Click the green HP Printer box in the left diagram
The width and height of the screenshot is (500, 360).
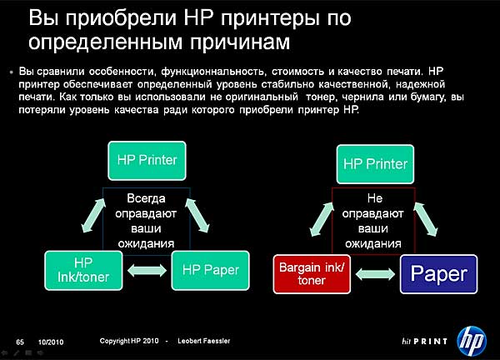click(x=147, y=161)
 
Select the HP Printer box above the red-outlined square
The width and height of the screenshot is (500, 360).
click(x=375, y=164)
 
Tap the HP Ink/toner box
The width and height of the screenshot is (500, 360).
click(x=83, y=270)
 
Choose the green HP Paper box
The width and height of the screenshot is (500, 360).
click(x=211, y=270)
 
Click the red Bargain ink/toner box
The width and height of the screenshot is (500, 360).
click(x=312, y=274)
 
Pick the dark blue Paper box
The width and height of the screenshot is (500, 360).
click(x=439, y=274)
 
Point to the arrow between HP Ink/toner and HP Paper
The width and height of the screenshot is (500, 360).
click(x=147, y=271)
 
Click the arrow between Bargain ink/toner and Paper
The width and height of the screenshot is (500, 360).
click(x=375, y=274)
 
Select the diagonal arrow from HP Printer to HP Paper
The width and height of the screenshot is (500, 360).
click(x=197, y=215)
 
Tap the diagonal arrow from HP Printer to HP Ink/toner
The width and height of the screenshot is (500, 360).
click(x=93, y=215)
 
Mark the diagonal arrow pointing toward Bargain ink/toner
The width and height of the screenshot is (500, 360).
click(x=322, y=219)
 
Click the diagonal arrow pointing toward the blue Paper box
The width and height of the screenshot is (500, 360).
click(x=426, y=219)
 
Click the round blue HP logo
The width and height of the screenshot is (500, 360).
click(x=472, y=341)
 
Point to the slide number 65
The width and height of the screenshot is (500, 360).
click(x=20, y=342)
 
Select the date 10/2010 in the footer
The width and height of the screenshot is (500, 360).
click(x=51, y=342)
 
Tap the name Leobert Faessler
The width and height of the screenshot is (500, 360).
click(x=204, y=341)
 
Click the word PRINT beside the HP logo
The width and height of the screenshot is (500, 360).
click(x=430, y=342)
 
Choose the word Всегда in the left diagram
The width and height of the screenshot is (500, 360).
click(x=146, y=198)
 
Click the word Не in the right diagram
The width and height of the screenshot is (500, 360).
click(x=375, y=198)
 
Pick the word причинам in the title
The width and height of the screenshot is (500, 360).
click(x=240, y=42)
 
